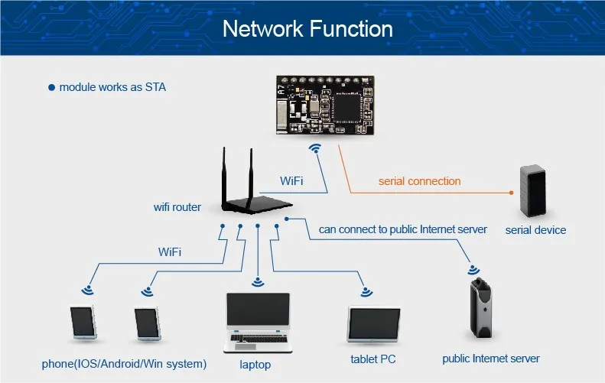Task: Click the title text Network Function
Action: point(307,29)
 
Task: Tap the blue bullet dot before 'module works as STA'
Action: point(52,88)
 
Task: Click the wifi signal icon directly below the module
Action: point(314,148)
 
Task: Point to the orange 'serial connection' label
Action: point(419,181)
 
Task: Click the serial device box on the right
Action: point(533,190)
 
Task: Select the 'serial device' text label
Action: point(535,229)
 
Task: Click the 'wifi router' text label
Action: point(177,206)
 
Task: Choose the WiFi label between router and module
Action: point(291,181)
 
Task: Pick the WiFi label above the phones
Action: point(170,251)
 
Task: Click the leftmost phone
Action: point(83,323)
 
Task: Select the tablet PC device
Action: point(374,325)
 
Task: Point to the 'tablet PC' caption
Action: point(373,359)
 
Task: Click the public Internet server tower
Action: point(480,308)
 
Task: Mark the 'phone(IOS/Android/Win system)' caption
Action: point(124,364)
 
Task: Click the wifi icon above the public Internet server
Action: point(474,270)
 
